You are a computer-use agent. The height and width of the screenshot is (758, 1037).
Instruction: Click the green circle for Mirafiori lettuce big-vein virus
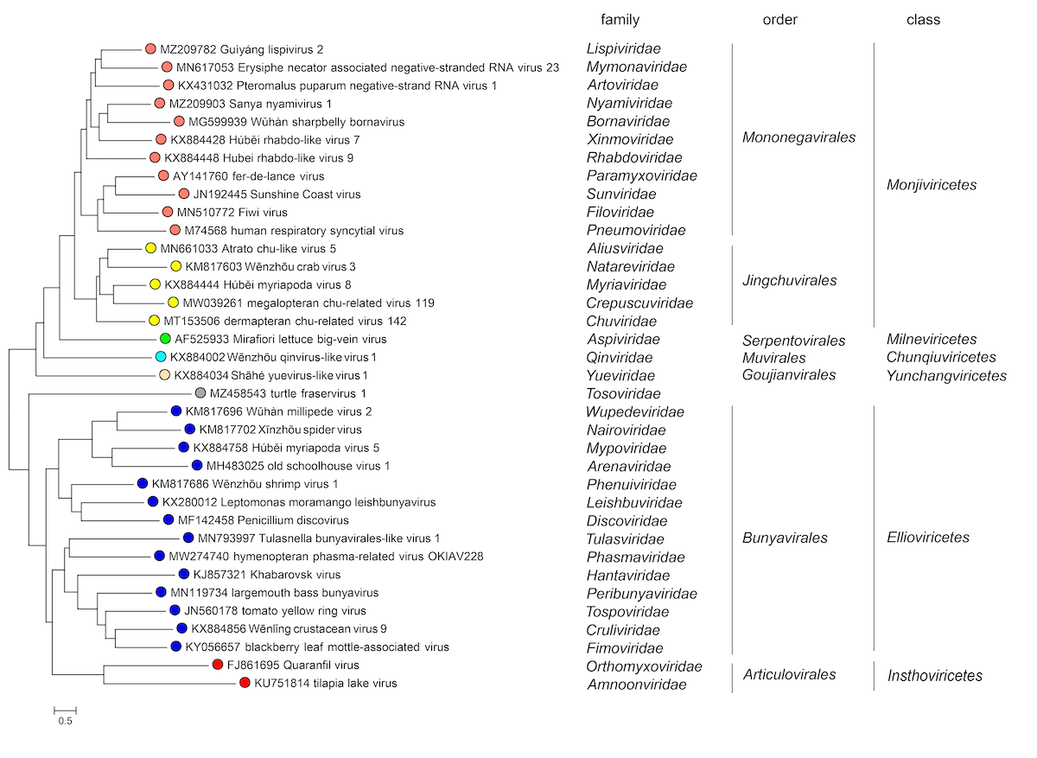pos(164,339)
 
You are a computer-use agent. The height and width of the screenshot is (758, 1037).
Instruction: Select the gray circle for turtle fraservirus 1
pos(200,393)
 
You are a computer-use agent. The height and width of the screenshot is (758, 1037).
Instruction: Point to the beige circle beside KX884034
pos(164,375)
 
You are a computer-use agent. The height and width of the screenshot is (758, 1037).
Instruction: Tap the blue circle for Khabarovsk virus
pos(183,575)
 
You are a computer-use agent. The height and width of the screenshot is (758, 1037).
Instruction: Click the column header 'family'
pos(620,19)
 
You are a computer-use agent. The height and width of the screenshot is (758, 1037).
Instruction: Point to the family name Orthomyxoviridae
pos(644,666)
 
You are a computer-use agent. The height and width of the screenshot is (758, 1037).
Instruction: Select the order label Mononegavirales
pos(799,137)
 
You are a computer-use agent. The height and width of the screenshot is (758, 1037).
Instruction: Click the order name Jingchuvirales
pos(790,281)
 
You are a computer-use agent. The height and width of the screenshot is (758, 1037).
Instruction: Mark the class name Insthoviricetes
pos(935,676)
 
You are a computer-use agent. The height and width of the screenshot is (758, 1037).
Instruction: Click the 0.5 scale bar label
pos(65,721)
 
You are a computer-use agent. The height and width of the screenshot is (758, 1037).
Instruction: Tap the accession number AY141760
pos(185,176)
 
